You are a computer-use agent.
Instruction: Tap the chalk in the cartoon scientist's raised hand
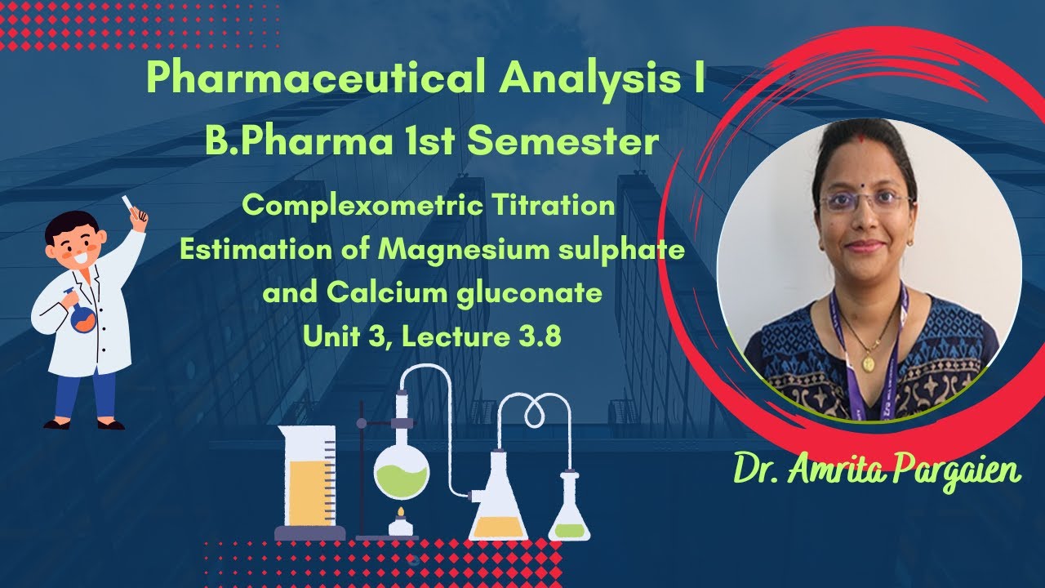point(128,201)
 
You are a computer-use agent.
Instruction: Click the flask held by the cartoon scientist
point(82,317)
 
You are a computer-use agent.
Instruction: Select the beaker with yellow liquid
point(306,482)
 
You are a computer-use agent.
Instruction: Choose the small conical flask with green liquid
point(569,517)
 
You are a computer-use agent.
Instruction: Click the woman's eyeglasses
point(864,201)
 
